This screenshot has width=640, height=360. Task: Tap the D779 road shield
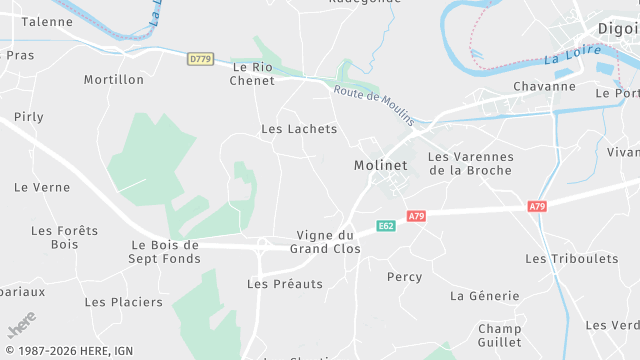click(x=200, y=60)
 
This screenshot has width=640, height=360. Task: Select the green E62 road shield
click(x=386, y=227)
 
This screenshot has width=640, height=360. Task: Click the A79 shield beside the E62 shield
click(x=417, y=216)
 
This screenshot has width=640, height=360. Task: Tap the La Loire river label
click(x=565, y=59)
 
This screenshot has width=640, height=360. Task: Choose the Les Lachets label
click(x=299, y=129)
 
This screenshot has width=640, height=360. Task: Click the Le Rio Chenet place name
click(x=252, y=73)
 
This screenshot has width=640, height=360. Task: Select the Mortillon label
click(x=114, y=80)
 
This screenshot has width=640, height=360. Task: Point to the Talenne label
click(x=47, y=21)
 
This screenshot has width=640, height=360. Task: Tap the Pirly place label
click(x=29, y=117)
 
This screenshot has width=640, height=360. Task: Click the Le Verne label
click(x=42, y=187)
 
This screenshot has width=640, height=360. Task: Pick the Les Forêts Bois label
click(x=65, y=237)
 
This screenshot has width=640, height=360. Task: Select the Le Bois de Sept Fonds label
click(x=165, y=252)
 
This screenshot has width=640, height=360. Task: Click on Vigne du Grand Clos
click(x=325, y=242)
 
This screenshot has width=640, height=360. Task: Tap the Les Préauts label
click(x=285, y=284)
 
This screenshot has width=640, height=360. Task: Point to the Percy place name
click(x=404, y=277)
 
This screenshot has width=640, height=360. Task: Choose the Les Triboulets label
click(x=571, y=259)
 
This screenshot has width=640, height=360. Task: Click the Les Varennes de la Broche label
click(x=470, y=163)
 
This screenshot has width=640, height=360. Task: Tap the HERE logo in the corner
click(x=21, y=329)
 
